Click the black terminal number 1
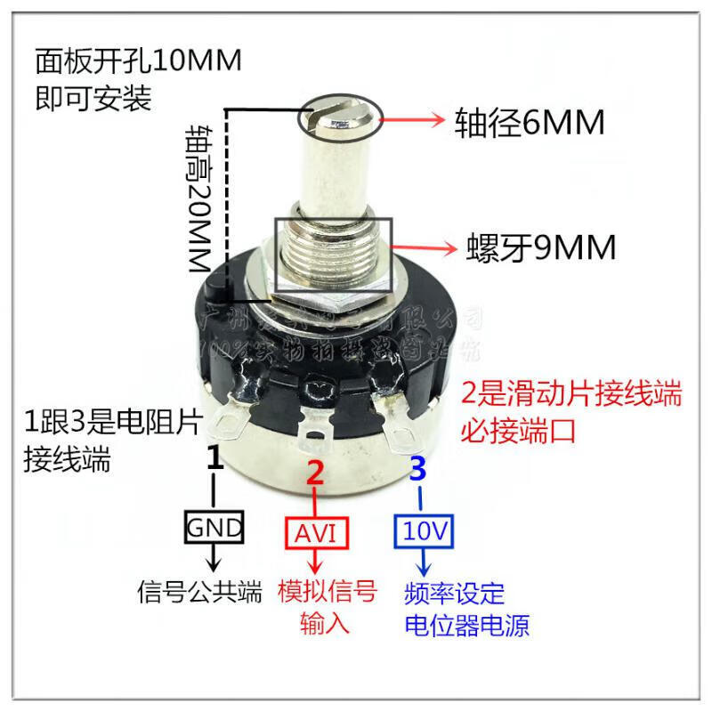(214, 459)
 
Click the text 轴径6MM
(530, 122)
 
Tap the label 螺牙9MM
(541, 248)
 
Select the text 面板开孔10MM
(138, 61)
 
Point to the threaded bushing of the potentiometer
(333, 254)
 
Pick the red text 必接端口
(517, 430)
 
